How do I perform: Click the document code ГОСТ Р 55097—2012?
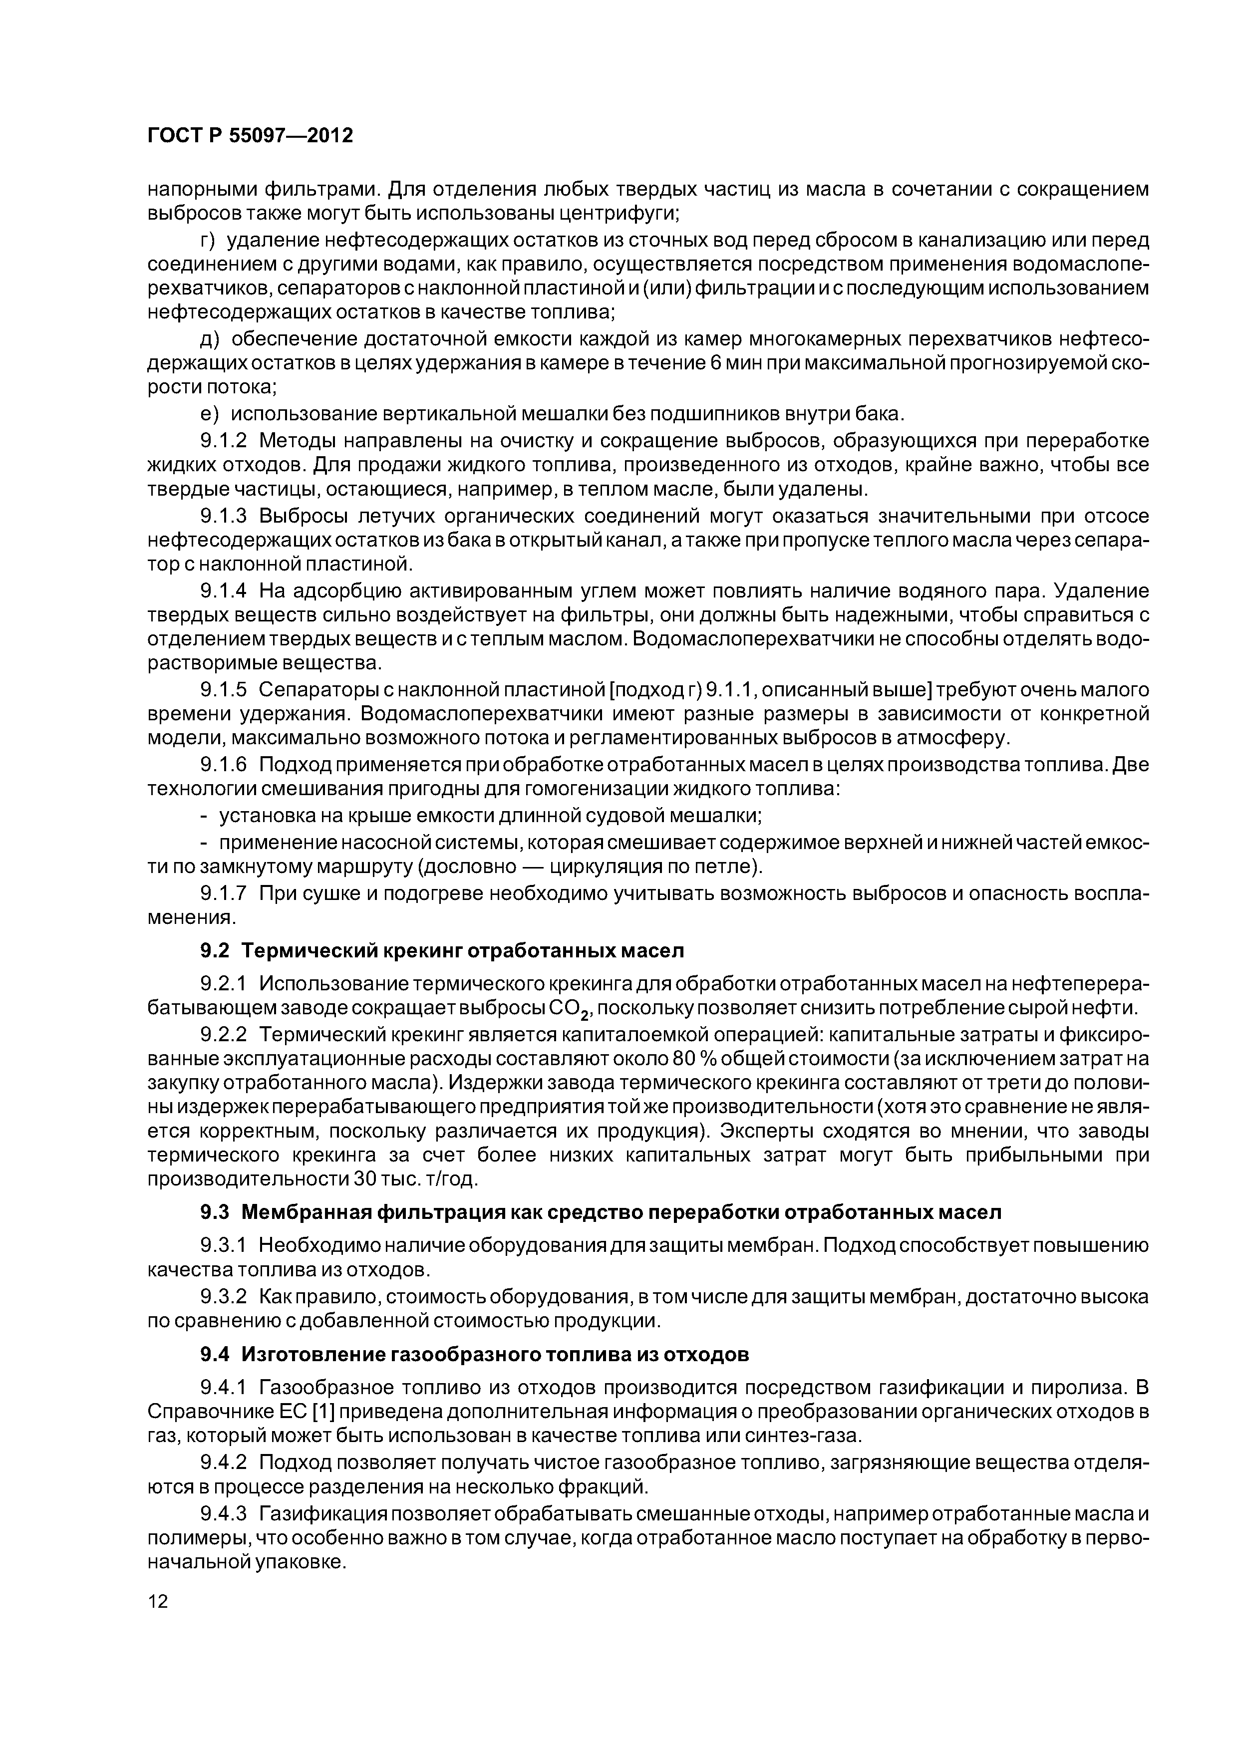point(250,136)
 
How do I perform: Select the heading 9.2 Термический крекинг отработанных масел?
point(442,950)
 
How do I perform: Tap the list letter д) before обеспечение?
point(209,338)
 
